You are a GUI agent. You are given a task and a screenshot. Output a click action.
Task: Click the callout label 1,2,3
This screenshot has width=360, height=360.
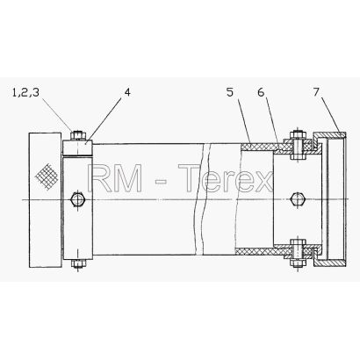pyautogui.click(x=25, y=93)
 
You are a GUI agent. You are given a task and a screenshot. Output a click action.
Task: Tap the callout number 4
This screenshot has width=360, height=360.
pyautogui.click(x=127, y=92)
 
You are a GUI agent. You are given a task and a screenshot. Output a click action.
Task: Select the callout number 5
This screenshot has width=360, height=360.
pyautogui.click(x=230, y=92)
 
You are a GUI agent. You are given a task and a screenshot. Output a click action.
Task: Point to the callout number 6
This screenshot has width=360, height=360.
pyautogui.click(x=261, y=92)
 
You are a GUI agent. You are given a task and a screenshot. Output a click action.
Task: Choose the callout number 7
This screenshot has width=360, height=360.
pyautogui.click(x=316, y=92)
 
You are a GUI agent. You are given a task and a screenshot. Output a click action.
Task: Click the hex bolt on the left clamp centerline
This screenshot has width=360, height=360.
pyautogui.click(x=77, y=199)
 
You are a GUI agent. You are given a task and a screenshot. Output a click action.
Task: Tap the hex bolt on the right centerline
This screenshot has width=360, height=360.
pyautogui.click(x=298, y=199)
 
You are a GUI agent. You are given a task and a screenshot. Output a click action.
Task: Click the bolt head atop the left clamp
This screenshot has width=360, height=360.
pyautogui.click(x=77, y=135)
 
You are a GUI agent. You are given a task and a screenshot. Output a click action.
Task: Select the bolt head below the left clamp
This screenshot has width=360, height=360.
pyautogui.click(x=77, y=263)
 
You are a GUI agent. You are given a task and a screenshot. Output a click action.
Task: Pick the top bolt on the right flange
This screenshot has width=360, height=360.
pyautogui.click(x=298, y=145)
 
